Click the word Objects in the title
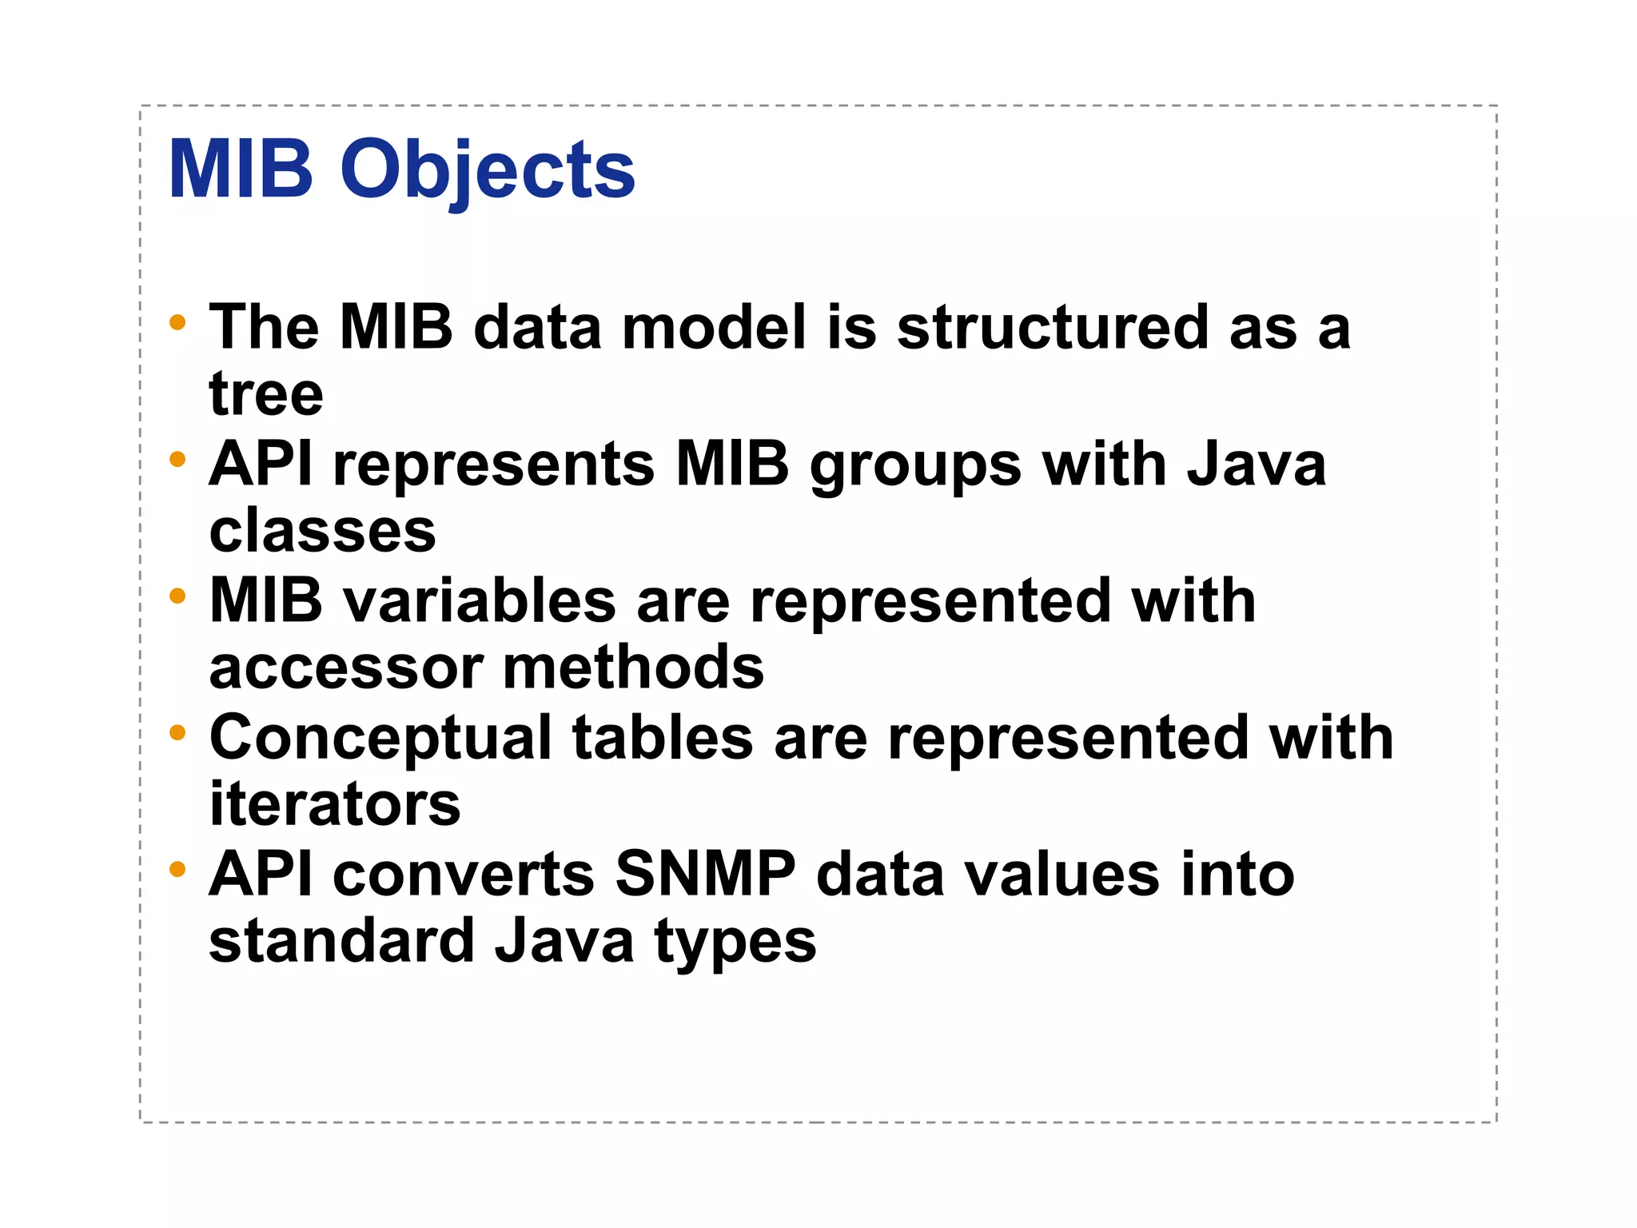coord(488,170)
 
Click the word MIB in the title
coord(241,169)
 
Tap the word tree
coord(266,394)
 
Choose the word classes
coord(322,532)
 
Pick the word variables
coord(479,601)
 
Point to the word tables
coord(663,738)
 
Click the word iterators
coord(335,805)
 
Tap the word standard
coord(342,942)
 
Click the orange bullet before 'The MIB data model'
coord(177,323)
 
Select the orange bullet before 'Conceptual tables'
coord(177,732)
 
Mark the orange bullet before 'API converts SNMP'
coord(177,869)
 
